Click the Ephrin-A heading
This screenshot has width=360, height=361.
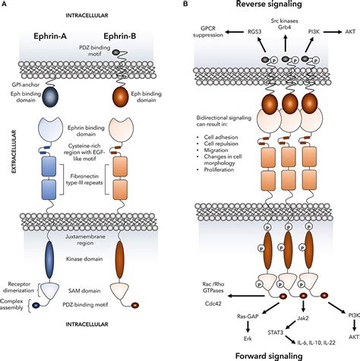tap(50, 36)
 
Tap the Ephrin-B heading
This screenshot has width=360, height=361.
tap(119, 36)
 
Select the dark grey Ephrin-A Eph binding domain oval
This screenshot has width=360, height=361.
tap(50, 97)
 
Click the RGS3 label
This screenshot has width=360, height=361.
tap(254, 32)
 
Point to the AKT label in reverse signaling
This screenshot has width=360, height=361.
tap(350, 32)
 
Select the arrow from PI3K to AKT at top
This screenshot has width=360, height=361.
tap(333, 32)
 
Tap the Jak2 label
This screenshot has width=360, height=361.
tap(303, 318)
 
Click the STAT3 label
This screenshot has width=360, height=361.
tap(275, 332)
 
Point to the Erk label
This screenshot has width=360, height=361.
tap(248, 338)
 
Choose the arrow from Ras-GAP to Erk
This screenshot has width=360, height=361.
tap(248, 327)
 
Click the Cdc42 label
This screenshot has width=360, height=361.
tap(213, 303)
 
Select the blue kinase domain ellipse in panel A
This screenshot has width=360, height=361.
tap(49, 260)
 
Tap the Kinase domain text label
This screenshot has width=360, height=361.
tap(84, 259)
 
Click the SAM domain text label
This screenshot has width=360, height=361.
tap(84, 291)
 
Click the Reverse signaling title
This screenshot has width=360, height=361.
tap(269, 4)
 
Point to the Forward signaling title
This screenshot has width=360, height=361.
tap(269, 356)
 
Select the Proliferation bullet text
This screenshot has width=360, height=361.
tap(219, 169)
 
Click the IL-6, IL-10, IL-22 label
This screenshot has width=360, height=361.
tap(316, 343)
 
